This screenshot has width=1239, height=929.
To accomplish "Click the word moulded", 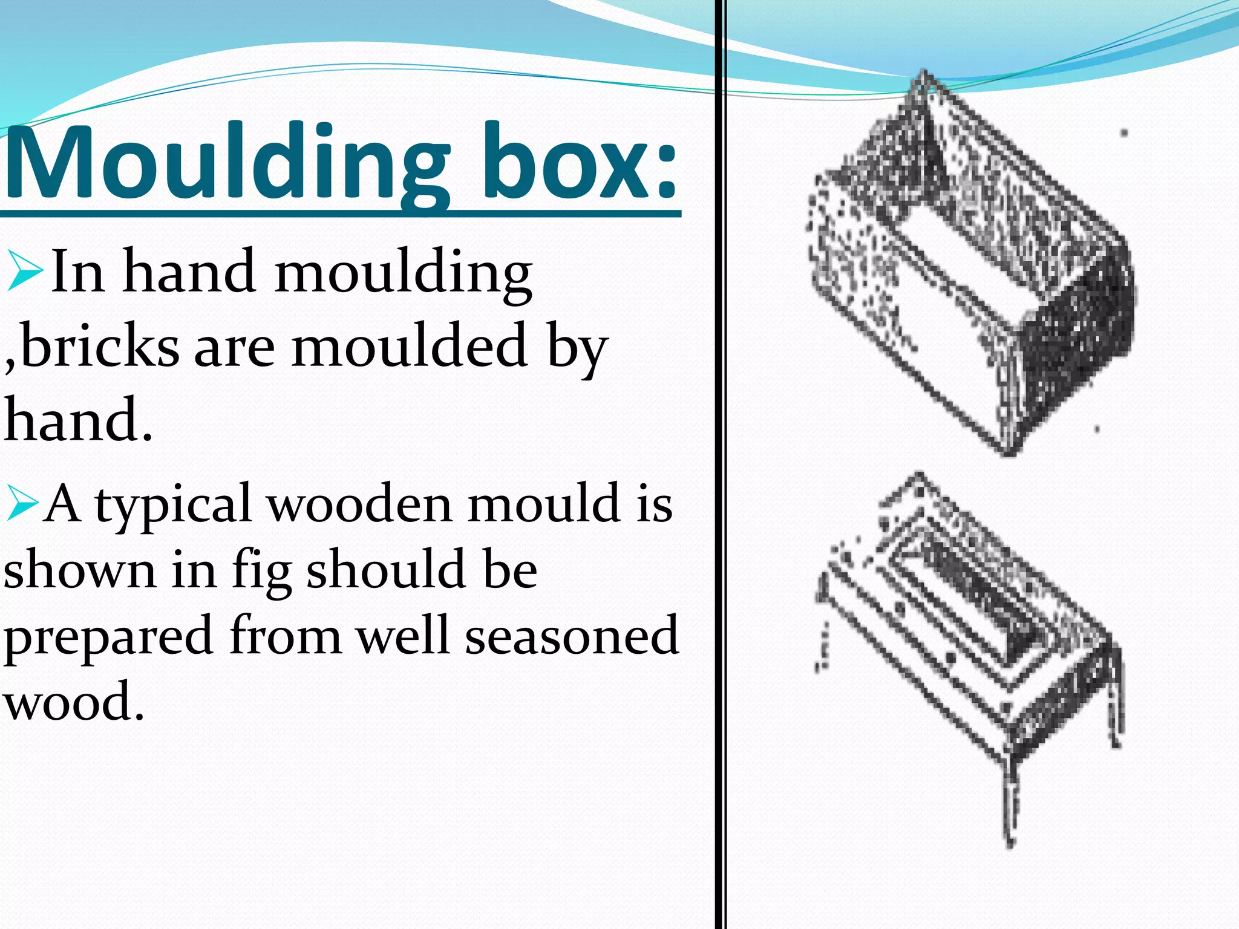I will tap(409, 347).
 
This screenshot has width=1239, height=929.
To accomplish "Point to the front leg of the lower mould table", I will tap(1009, 798).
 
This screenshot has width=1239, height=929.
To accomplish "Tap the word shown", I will tap(79, 570).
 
